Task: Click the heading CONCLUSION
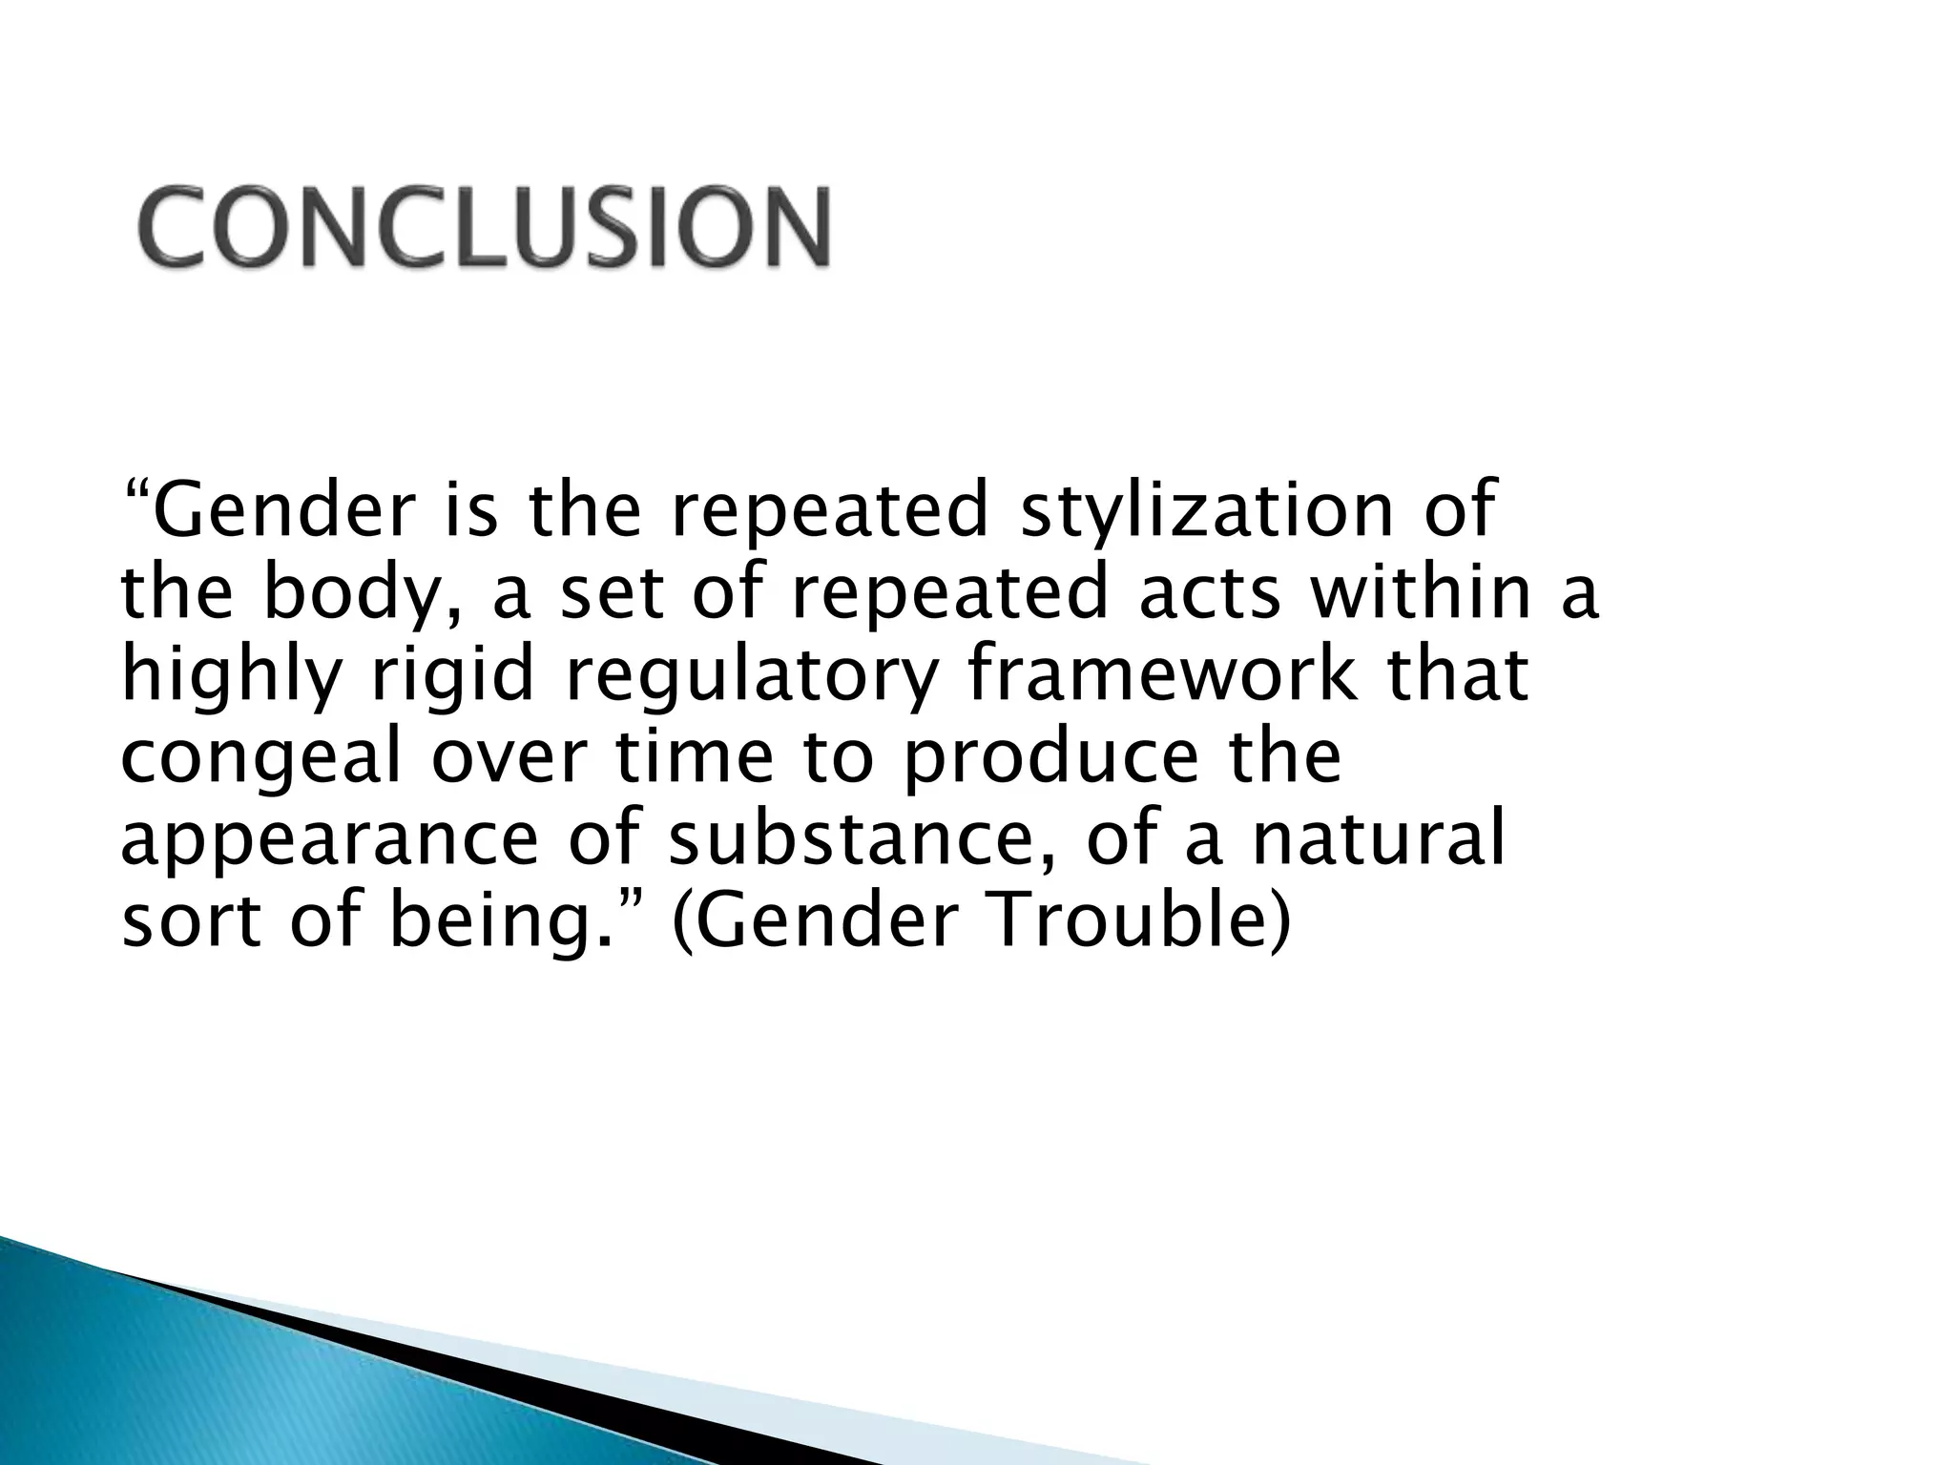(485, 227)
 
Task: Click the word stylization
(1207, 512)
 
